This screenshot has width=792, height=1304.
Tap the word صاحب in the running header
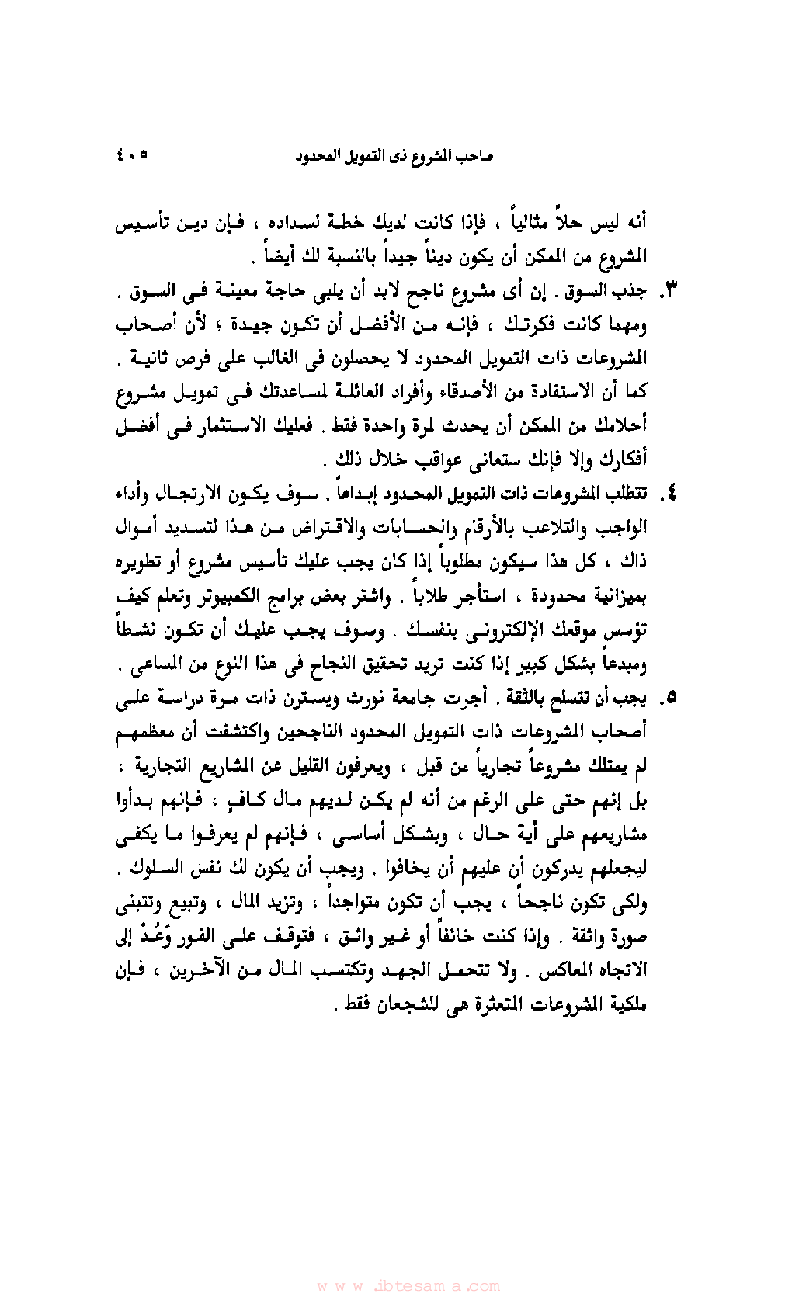tap(475, 156)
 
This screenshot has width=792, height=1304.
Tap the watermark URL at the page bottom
tap(408, 1285)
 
